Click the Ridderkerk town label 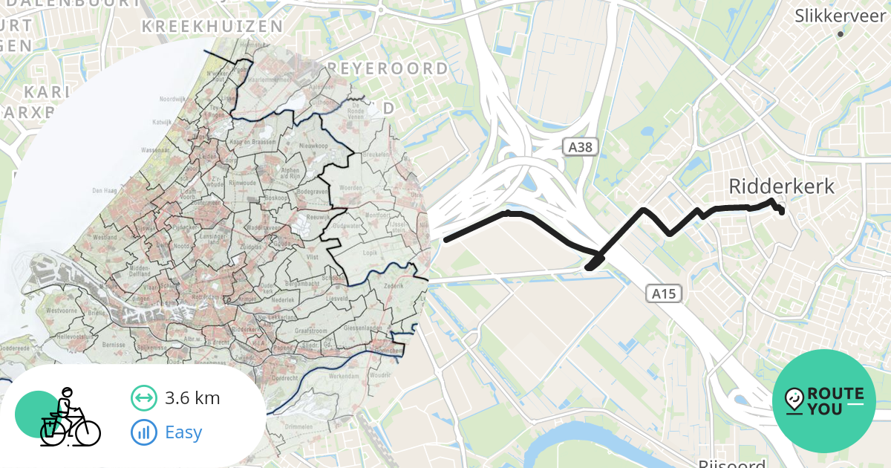[782, 186]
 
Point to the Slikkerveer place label [841, 15]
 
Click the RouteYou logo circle [824, 401]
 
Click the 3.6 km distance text [192, 398]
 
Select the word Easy [183, 432]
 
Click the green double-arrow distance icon [143, 398]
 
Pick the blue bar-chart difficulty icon [143, 432]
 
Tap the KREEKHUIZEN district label [212, 27]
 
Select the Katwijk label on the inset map [162, 121]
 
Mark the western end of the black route [446, 239]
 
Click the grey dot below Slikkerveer [841, 34]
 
